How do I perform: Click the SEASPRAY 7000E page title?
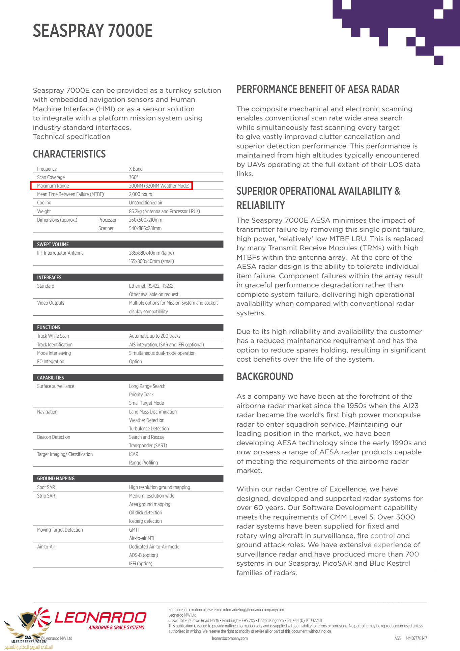point(93,31)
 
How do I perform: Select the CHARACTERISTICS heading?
point(69,154)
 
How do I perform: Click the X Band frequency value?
point(136,169)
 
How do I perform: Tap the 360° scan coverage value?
point(134,177)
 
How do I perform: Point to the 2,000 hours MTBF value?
point(140,194)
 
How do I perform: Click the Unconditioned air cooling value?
point(146,203)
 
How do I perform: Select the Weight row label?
point(44,211)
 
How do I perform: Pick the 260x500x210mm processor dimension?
point(146,220)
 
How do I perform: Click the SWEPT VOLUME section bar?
point(128,244)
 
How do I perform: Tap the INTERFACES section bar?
point(128,277)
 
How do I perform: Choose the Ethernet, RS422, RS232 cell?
point(151,286)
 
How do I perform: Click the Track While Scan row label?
point(53,336)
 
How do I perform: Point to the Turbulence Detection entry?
point(149,429)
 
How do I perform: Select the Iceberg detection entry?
point(145,521)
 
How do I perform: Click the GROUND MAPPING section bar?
point(128,478)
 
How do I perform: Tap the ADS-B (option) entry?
point(143,555)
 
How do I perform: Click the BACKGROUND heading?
point(265,377)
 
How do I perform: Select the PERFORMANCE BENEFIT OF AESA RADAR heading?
point(318,89)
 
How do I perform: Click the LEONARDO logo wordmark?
point(100,618)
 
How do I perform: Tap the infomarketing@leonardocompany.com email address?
point(253,610)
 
